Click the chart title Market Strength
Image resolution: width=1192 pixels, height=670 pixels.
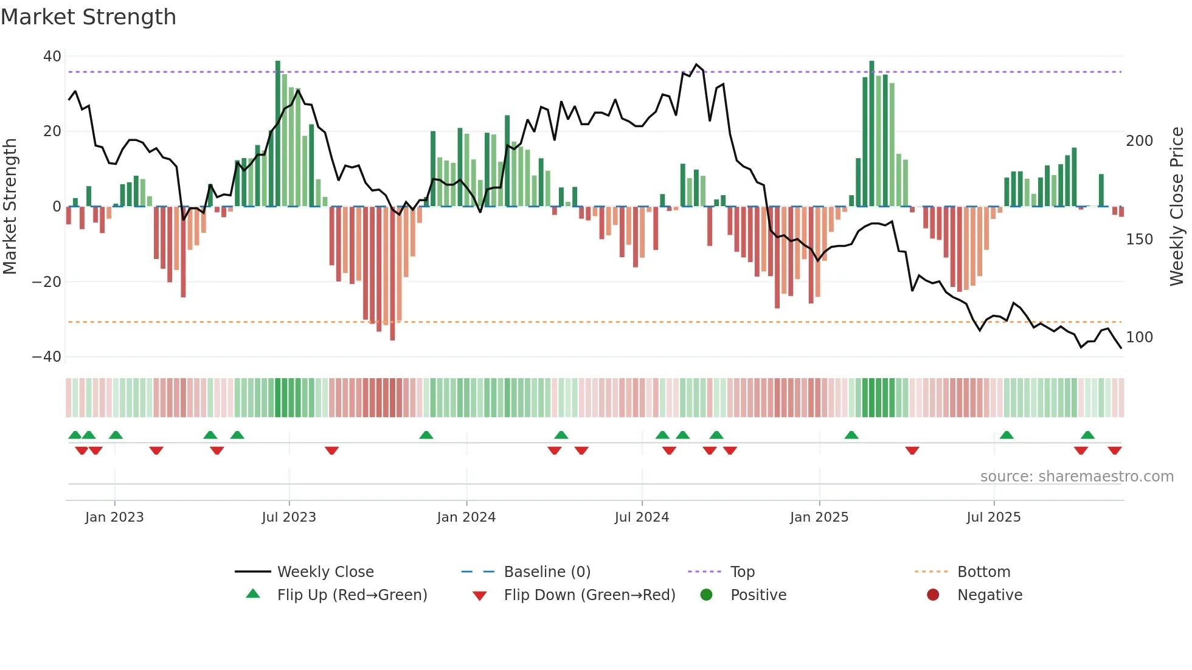[88, 17]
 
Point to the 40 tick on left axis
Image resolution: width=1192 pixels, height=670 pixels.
[52, 57]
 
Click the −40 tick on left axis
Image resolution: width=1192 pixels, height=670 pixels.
[47, 357]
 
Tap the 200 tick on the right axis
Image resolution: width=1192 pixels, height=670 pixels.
[1139, 141]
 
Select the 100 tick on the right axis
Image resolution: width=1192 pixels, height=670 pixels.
[1139, 337]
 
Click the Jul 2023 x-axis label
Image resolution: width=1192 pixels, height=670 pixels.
[289, 517]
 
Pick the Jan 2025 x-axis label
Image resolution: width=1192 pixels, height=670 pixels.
[819, 517]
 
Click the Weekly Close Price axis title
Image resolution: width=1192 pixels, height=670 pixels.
[1177, 207]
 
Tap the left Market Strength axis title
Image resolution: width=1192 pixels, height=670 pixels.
[10, 207]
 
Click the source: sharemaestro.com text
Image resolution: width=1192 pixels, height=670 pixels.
[1076, 477]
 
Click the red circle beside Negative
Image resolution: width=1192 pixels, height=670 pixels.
[933, 595]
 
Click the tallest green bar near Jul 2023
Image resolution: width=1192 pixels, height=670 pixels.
[278, 134]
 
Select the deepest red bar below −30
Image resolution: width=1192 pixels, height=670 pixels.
[392, 274]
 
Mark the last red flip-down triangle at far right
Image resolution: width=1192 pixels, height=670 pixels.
[1114, 451]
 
